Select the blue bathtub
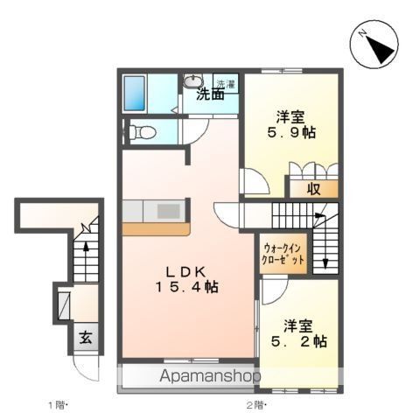tap(136, 92)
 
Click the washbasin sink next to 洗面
tap(193, 83)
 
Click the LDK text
tap(186, 270)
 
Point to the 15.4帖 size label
tap(186, 287)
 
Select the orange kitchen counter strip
tap(156, 229)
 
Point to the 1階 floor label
tap(58, 405)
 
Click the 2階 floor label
tap(255, 405)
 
